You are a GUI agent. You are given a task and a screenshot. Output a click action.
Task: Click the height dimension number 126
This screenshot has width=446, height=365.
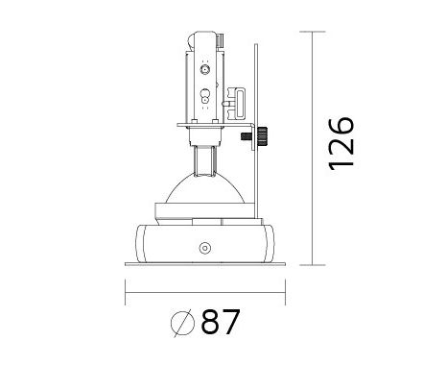(x=341, y=143)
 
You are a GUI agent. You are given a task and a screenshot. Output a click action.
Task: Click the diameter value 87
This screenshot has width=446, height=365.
(x=221, y=322)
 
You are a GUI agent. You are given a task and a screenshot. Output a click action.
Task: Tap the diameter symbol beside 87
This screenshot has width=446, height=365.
(x=182, y=323)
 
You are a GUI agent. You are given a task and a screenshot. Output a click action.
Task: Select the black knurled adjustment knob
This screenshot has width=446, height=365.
(x=263, y=136)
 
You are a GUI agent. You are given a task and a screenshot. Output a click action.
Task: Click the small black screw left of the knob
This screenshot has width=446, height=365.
(x=246, y=136)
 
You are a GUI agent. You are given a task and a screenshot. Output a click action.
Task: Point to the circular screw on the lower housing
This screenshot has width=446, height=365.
(x=204, y=248)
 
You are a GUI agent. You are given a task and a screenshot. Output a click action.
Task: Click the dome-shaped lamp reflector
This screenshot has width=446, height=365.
(x=205, y=189)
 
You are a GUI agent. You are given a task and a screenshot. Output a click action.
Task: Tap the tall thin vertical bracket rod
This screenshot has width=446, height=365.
(x=256, y=132)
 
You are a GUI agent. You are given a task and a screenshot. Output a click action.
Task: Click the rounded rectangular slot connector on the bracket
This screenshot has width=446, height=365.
(x=239, y=103)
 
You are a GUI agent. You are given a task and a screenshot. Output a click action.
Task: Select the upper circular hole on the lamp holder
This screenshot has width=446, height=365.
(x=205, y=69)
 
